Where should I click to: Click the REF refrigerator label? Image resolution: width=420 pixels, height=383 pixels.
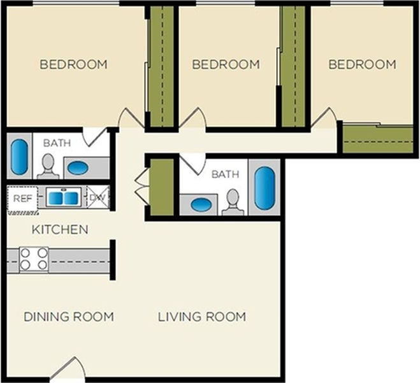click(x=23, y=199)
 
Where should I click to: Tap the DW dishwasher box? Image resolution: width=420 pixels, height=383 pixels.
click(x=98, y=198)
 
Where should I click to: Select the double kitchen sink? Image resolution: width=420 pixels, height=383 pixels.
click(x=64, y=197)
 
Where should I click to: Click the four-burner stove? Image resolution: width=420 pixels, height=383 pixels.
click(x=34, y=260)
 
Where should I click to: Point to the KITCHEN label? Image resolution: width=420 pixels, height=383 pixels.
click(x=60, y=230)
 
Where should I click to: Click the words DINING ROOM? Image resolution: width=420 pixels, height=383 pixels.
click(x=69, y=317)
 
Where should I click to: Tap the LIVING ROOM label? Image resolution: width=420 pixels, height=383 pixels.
click(x=202, y=317)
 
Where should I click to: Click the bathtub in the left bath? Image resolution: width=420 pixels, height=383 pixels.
click(x=19, y=157)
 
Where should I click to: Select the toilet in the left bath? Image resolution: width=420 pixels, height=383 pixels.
click(x=48, y=167)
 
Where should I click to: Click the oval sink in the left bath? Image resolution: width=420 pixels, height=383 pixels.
click(x=77, y=168)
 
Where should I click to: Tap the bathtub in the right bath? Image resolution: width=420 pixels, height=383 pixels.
click(x=264, y=188)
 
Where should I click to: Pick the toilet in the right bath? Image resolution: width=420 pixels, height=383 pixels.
click(x=233, y=202)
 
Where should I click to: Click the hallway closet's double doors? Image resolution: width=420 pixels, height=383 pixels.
click(x=141, y=187)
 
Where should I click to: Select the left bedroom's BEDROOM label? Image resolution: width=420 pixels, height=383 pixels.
click(x=73, y=64)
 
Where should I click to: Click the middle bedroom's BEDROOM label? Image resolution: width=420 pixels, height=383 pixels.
click(x=226, y=64)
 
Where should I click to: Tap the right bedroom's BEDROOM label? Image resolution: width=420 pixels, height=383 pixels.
click(x=362, y=64)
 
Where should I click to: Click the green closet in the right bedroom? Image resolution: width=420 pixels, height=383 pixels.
click(x=378, y=140)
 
